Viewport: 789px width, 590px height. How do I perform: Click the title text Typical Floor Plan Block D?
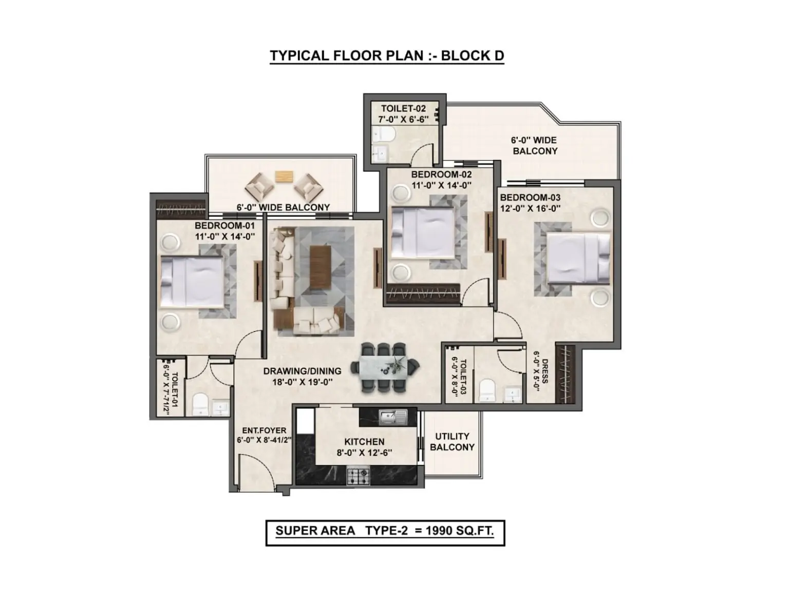click(x=387, y=55)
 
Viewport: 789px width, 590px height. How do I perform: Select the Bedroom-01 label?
click(x=224, y=226)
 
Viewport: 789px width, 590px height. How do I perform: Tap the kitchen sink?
click(x=393, y=418)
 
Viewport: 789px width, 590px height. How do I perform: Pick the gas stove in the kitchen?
click(x=358, y=476)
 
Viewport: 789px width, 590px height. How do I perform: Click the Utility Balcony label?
click(x=452, y=442)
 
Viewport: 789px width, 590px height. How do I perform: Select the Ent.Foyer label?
click(x=264, y=430)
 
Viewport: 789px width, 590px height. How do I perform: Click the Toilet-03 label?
click(x=463, y=377)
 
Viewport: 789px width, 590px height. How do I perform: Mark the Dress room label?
click(x=545, y=371)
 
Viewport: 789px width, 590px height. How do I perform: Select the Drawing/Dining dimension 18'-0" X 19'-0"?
click(x=302, y=382)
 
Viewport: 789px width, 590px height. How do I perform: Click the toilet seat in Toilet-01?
click(x=200, y=404)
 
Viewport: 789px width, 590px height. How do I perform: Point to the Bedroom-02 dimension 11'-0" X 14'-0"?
click(x=441, y=186)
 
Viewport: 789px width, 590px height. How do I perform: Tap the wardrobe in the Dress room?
click(x=565, y=373)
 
